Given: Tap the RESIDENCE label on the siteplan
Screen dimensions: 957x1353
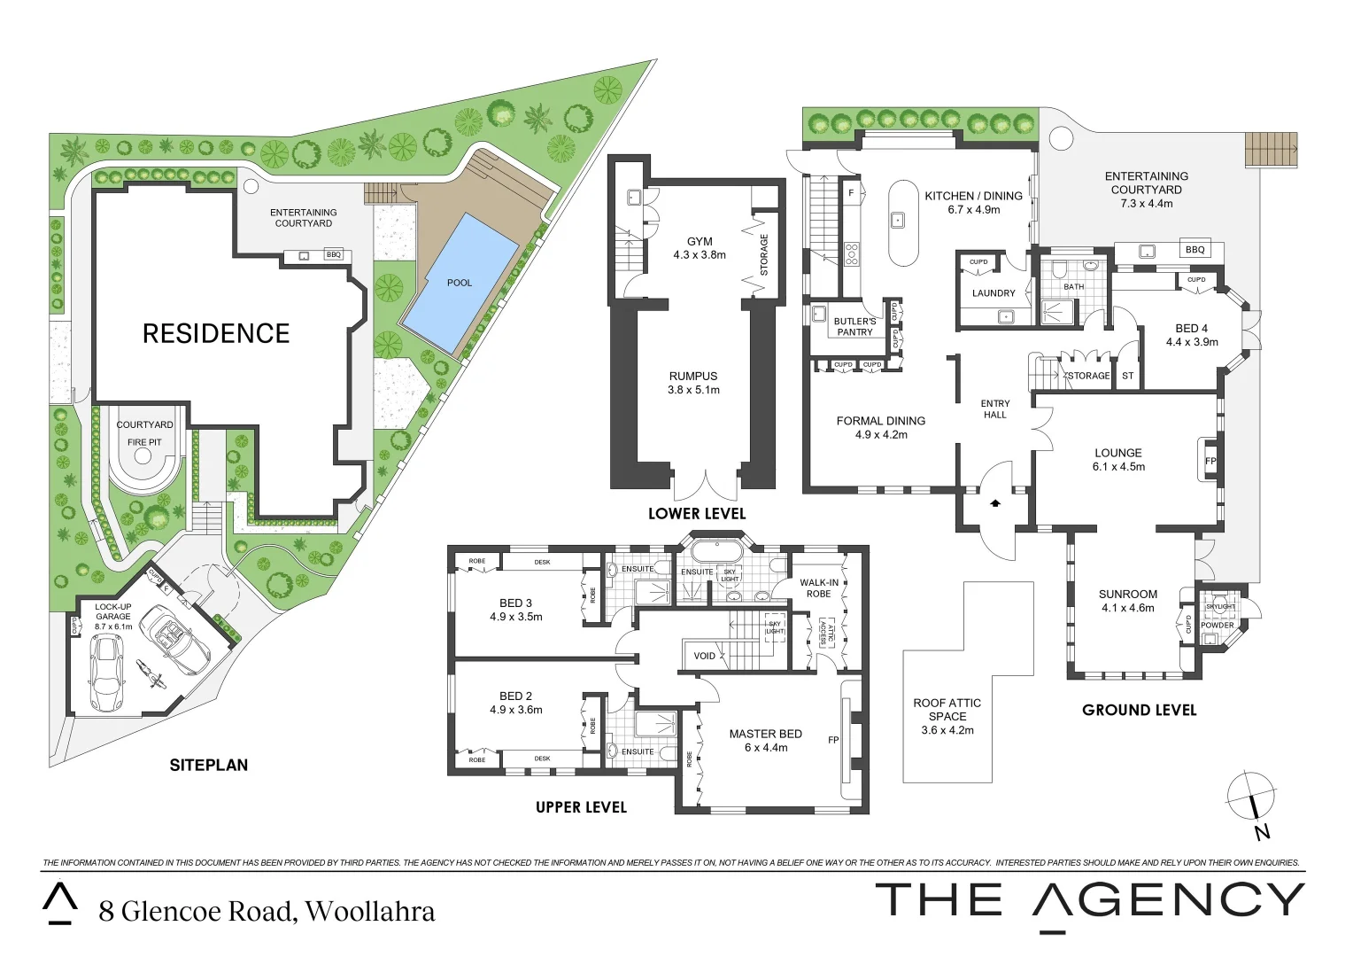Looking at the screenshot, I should pos(216,333).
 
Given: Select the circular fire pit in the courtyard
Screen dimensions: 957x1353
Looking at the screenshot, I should pos(142,457).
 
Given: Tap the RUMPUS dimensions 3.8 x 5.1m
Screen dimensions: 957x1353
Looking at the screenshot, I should pos(693,390).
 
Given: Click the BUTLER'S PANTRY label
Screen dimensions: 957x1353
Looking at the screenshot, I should pos(854,326).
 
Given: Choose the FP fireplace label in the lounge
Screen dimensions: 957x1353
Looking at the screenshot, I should pos(1210,462).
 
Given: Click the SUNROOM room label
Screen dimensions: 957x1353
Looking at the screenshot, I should pos(1128,595).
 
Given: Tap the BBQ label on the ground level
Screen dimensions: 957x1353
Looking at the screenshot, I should pos(1195,250).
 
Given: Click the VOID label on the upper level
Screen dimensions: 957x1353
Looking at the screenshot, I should pos(704,657).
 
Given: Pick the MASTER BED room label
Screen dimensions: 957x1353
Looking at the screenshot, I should pos(765,734).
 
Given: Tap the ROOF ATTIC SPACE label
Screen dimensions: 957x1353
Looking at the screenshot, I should pos(947,710).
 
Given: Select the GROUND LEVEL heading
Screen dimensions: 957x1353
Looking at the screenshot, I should pos(1139,710).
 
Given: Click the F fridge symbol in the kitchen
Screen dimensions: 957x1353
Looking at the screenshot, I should pos(851,192).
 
